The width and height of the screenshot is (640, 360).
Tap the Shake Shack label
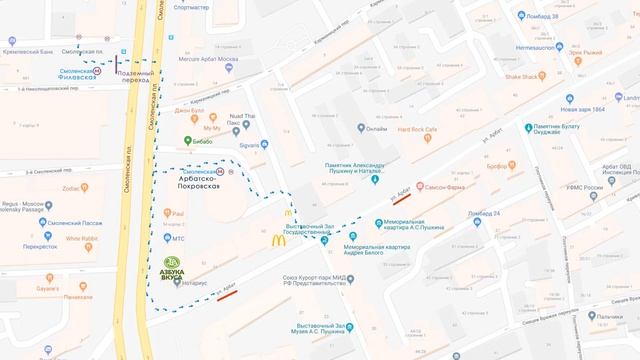click(522, 75)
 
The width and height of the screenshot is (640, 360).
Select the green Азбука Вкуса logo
click(177, 267)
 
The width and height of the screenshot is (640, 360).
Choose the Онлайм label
click(375, 128)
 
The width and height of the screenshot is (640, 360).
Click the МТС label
click(178, 238)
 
